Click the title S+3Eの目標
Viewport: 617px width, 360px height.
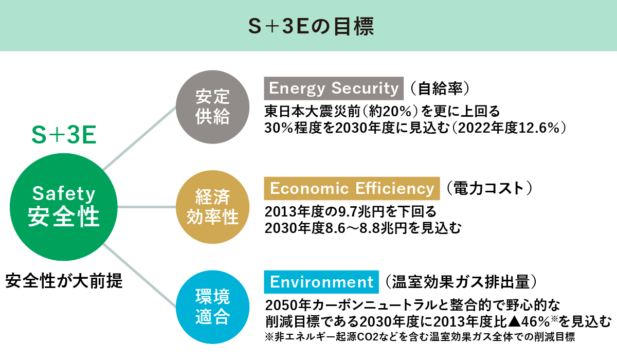click(311, 27)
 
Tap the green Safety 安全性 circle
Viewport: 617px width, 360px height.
click(64, 207)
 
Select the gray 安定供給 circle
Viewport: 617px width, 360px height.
click(212, 107)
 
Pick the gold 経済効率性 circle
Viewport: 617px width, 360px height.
click(212, 207)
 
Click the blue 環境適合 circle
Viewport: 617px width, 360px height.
click(212, 307)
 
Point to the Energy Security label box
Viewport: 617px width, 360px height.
click(334, 88)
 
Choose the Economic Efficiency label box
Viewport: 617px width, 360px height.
click(352, 188)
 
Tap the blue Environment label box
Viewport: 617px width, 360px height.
click(321, 282)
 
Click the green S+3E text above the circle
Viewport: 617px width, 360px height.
click(64, 135)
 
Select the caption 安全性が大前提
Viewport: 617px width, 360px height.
click(64, 281)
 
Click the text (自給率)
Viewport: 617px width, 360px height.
click(440, 88)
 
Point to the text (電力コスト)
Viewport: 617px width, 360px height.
click(489, 188)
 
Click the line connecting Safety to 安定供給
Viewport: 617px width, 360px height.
click(139, 138)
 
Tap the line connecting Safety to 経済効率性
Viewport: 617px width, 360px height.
click(147, 207)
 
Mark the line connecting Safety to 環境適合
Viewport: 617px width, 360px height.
click(139, 276)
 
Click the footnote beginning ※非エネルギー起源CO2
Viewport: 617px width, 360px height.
click(420, 337)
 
